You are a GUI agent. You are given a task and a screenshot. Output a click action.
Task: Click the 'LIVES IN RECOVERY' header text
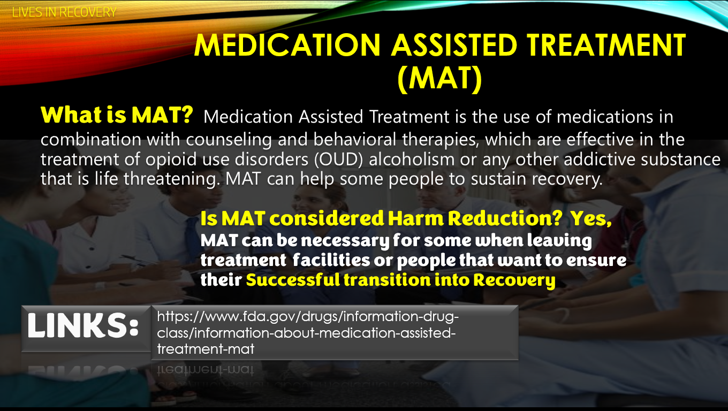tap(64, 12)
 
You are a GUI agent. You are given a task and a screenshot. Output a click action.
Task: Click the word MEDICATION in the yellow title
tap(287, 45)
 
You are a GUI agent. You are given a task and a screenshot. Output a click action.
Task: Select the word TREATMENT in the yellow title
tap(606, 45)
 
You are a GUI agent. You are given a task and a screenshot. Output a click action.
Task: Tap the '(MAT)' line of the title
tap(439, 78)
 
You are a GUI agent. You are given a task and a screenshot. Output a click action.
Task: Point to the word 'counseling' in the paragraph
tap(229, 140)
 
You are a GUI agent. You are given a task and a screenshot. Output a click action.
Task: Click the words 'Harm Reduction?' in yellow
tap(475, 218)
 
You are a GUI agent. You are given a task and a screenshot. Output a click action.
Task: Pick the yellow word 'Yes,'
tap(591, 218)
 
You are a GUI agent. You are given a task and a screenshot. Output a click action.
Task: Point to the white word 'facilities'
tap(331, 260)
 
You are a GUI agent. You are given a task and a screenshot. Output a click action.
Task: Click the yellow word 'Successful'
tap(293, 280)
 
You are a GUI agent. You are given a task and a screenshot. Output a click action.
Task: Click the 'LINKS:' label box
tap(86, 329)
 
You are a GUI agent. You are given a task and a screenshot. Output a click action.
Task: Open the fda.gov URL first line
tap(308, 316)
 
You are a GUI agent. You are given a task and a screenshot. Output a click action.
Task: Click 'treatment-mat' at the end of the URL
tap(206, 349)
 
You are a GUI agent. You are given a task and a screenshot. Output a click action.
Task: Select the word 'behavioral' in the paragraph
tap(355, 139)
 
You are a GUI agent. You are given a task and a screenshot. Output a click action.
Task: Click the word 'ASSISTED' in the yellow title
tap(454, 45)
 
